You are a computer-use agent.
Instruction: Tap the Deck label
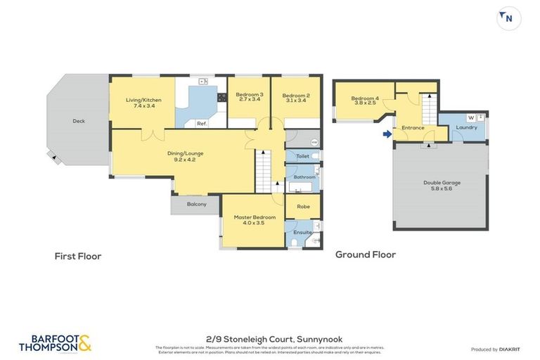pos(78,121)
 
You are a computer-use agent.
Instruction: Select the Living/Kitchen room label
pos(143,100)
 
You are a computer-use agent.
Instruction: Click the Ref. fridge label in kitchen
pos(201,124)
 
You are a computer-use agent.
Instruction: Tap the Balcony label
pos(197,204)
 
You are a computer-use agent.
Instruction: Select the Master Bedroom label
pos(252,218)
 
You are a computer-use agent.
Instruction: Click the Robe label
pos(303,207)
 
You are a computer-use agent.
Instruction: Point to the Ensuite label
pos(302,231)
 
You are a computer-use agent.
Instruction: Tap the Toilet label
pos(303,156)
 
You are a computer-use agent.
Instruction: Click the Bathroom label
pos(304,177)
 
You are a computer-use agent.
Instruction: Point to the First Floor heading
pos(78,256)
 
